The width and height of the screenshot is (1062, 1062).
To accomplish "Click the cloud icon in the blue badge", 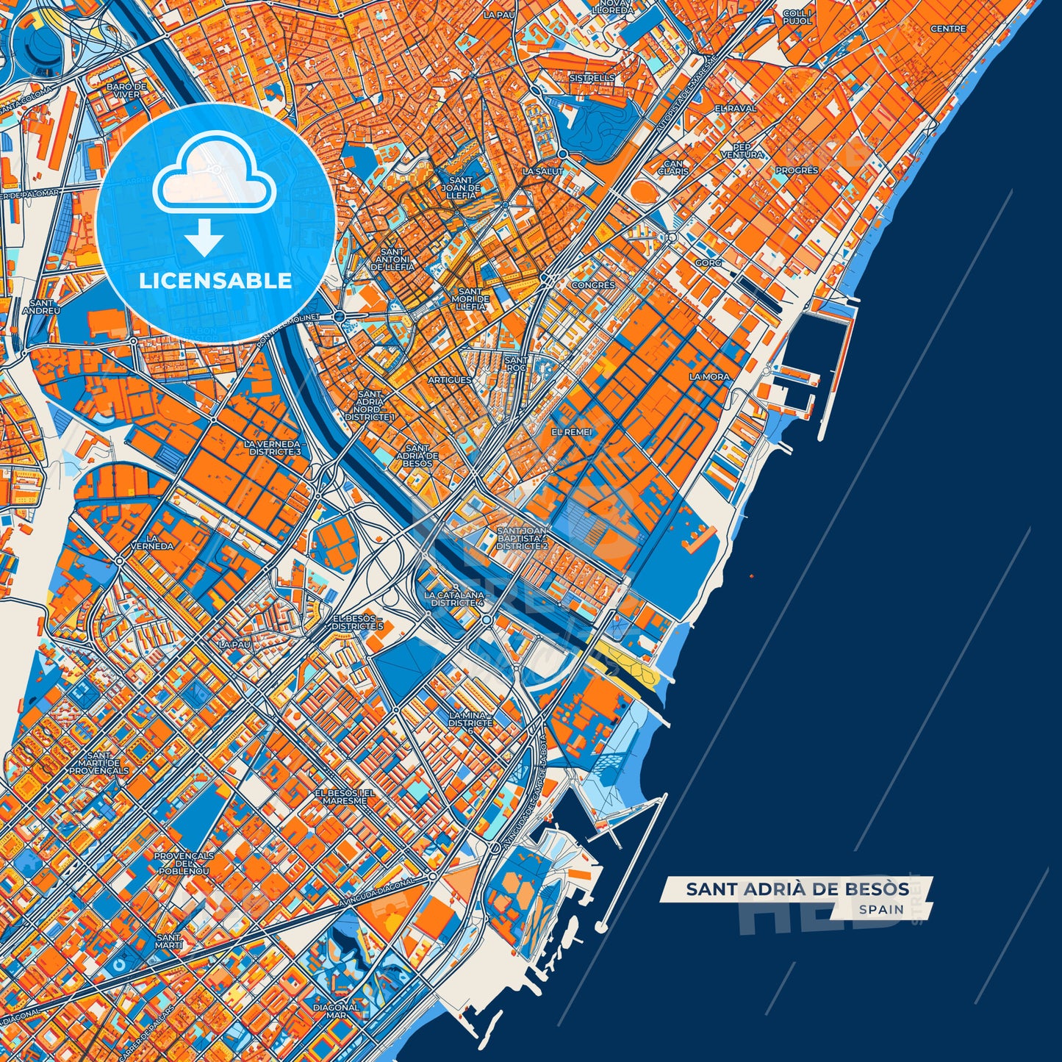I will (x=215, y=179).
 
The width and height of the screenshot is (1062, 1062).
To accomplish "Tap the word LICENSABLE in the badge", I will (x=215, y=281).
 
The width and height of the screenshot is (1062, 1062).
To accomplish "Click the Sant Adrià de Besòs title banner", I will (x=797, y=889).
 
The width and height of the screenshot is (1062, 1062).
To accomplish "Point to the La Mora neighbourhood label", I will (x=709, y=376).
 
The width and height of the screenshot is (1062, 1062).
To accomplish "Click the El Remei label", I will (x=571, y=432).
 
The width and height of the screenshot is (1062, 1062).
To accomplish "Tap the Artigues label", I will (x=449, y=380).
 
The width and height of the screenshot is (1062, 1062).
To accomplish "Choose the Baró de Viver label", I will (x=126, y=90).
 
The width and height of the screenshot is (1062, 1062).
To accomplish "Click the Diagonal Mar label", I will (x=337, y=1011).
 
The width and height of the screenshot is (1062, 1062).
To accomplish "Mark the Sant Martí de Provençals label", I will (x=99, y=763).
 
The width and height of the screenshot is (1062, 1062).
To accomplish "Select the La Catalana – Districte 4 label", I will (x=454, y=598).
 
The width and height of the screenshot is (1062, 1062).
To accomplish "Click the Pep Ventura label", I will (x=742, y=151).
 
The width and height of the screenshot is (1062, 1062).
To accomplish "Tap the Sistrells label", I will (x=592, y=77).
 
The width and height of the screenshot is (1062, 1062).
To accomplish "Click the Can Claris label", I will (x=673, y=168).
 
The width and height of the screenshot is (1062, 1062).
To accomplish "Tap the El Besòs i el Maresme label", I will (x=345, y=797).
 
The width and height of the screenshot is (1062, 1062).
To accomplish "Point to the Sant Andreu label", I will (x=41, y=306).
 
